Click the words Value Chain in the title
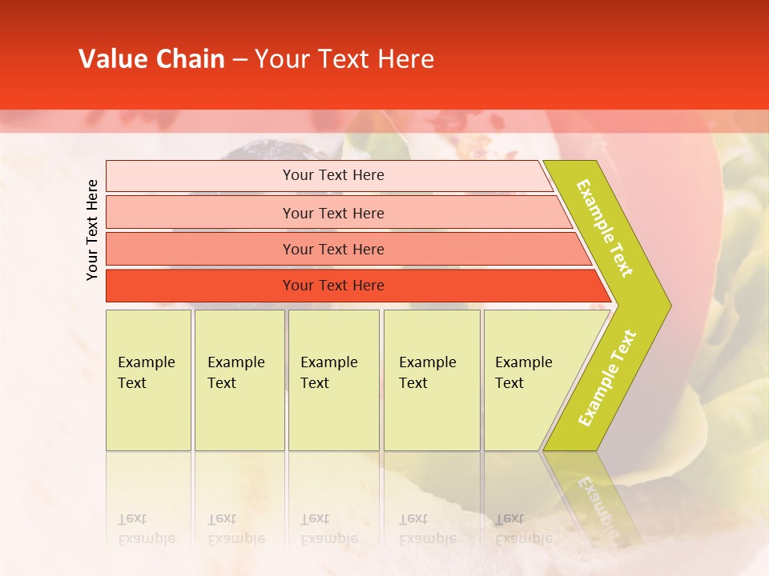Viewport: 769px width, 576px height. [151, 59]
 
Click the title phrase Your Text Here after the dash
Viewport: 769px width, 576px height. [344, 59]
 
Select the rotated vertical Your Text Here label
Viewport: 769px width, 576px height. [92, 230]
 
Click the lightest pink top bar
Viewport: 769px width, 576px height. [200, 176]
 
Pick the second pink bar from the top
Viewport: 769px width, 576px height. [200, 213]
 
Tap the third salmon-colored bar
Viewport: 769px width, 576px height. [200, 249]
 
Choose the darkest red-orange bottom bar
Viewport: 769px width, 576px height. [200, 286]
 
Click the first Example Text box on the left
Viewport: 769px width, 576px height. [148, 380]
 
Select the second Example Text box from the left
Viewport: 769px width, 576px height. [239, 380]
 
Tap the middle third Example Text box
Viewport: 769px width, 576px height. [333, 380]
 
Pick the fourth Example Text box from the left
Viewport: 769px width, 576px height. [431, 380]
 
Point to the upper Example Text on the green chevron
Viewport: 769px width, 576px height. [605, 228]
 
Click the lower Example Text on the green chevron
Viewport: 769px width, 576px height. [607, 378]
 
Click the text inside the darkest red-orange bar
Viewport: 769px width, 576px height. [333, 286]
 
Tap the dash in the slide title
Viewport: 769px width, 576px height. [240, 60]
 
